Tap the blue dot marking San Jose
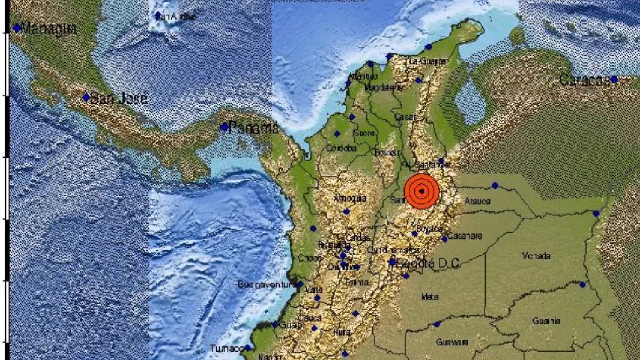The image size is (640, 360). (x=86, y=97)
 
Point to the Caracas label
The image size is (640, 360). (x=585, y=80)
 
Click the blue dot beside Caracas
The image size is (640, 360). (x=614, y=80)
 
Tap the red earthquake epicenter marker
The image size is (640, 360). (x=422, y=191)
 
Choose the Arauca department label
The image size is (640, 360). (x=477, y=202)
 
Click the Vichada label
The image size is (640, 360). (x=536, y=256)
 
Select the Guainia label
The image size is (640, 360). (x=546, y=321)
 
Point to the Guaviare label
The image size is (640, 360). (x=452, y=342)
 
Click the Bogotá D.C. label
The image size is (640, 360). (x=427, y=263)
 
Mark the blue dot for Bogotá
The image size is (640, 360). (x=392, y=262)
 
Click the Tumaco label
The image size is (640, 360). (x=226, y=348)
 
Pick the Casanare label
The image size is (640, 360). (x=465, y=236)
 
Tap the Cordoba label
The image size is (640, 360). (x=342, y=149)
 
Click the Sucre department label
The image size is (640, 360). (x=364, y=134)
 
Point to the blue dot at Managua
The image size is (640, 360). (x=17, y=29)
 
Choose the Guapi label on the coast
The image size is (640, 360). (x=288, y=325)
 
